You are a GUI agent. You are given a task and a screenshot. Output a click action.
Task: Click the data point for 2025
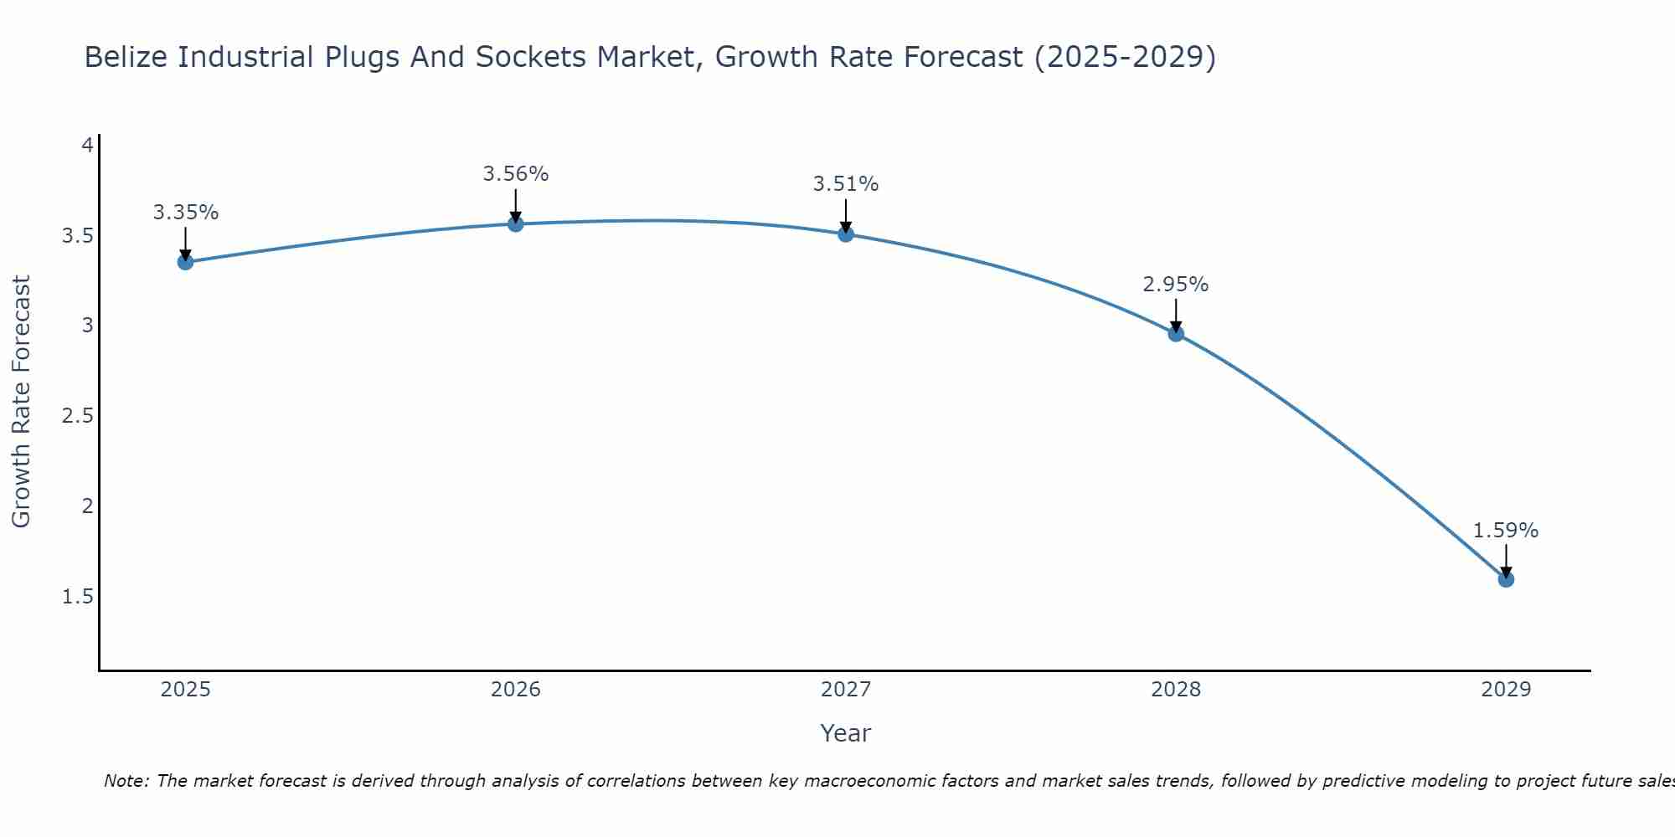(185, 262)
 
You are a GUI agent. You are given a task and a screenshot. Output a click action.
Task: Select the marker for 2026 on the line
(515, 223)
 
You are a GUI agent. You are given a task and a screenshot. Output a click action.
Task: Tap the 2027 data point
(845, 234)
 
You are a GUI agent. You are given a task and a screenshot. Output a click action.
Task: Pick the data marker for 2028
(1176, 334)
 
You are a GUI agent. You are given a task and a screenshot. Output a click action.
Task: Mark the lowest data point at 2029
(1506, 579)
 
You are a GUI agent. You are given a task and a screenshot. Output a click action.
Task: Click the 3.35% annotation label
(185, 213)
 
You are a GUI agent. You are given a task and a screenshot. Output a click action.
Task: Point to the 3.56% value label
(515, 174)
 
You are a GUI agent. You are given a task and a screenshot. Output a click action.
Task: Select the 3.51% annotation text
(845, 184)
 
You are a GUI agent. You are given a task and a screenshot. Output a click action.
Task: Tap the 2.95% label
(1176, 285)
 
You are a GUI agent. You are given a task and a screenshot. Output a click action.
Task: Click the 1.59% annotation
(1506, 531)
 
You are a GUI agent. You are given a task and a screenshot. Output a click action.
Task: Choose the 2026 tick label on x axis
(515, 690)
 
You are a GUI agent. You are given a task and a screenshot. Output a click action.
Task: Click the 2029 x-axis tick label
(1506, 690)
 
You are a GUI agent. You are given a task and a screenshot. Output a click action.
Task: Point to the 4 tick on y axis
(86, 146)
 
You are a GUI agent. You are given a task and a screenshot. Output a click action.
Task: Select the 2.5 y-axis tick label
(77, 416)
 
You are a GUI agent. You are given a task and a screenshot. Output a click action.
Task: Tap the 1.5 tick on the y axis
(77, 597)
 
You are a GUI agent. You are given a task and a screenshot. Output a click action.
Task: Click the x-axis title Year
(845, 733)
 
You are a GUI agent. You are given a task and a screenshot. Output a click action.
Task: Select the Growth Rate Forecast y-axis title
(21, 402)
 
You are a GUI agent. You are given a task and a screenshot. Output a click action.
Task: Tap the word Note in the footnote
(126, 781)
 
